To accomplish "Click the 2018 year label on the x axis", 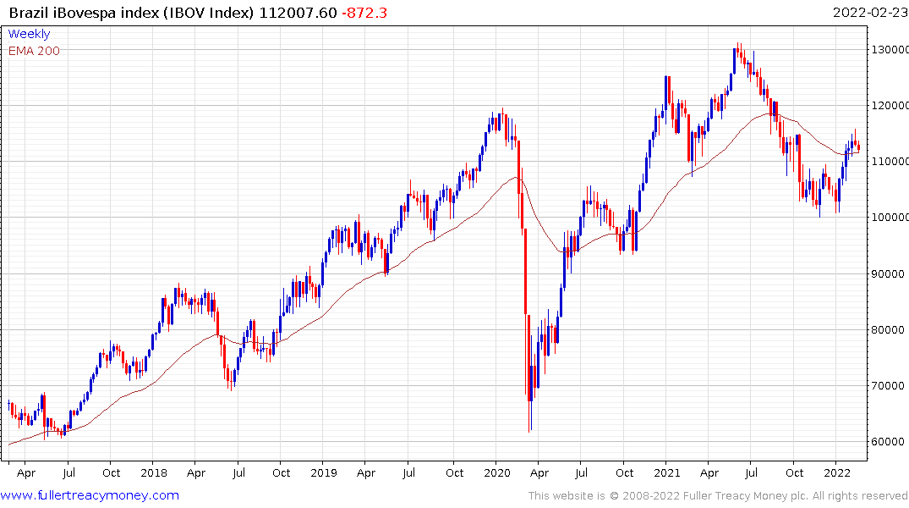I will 154,472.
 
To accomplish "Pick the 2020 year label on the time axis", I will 496,472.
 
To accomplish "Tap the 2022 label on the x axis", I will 837,472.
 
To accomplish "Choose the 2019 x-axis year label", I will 325,472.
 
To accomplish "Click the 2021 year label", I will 667,472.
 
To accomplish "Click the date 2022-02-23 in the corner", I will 868,12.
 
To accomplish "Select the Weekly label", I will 29,34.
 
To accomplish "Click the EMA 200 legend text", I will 34,51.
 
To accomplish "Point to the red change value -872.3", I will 364,12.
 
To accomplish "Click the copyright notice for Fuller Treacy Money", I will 718,496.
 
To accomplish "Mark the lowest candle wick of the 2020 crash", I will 529,431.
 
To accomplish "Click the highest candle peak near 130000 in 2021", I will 737,43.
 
